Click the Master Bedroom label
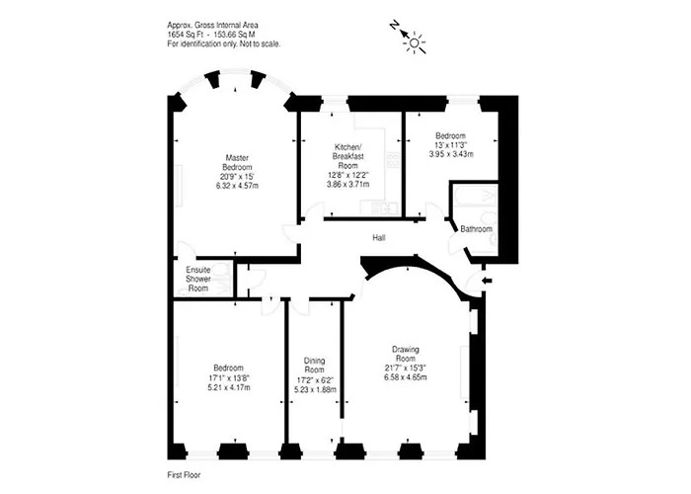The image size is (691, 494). point(237,162)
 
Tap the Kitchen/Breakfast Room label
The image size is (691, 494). point(347,156)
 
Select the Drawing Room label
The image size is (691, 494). point(406,354)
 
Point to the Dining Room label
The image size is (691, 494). point(315,366)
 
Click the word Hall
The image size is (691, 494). point(378,238)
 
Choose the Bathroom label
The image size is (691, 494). point(476,229)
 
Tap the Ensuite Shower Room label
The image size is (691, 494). point(198,279)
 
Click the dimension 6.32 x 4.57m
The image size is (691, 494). point(237,186)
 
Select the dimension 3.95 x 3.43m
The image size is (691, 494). point(451,154)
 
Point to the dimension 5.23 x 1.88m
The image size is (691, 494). point(315,390)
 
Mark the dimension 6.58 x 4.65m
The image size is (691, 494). point(406,377)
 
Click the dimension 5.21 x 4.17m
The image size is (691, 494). point(229,387)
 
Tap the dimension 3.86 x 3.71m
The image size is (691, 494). point(348,184)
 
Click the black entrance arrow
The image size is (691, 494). point(488,281)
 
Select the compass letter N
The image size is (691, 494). point(394,25)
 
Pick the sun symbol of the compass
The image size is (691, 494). point(415,42)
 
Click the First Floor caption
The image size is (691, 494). point(184,475)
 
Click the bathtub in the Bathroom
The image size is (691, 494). point(476,197)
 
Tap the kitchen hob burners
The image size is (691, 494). point(392,160)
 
